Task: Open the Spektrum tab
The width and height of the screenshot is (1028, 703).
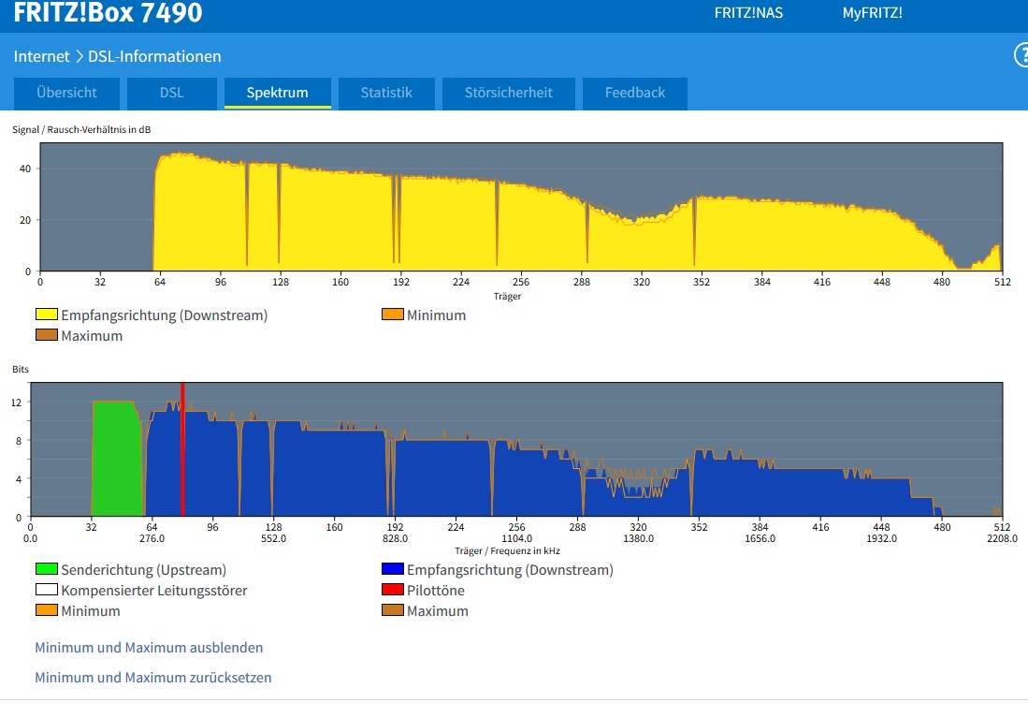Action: click(277, 94)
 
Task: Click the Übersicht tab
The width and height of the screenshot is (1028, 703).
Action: click(66, 94)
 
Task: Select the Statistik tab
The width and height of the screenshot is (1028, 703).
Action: click(386, 94)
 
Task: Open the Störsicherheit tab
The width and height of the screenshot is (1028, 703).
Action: click(509, 94)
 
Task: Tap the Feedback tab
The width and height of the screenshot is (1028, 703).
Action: click(634, 94)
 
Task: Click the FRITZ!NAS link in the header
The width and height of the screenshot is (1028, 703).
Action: click(748, 13)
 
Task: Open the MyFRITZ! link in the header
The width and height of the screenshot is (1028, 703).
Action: click(872, 13)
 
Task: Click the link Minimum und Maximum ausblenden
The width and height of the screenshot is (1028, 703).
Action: click(149, 648)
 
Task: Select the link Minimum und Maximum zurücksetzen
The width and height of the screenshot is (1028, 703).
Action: click(152, 678)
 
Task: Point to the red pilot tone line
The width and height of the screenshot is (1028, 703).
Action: click(182, 449)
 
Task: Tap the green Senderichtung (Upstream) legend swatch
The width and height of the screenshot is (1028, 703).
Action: click(47, 569)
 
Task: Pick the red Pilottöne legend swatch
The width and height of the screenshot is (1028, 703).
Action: click(392, 590)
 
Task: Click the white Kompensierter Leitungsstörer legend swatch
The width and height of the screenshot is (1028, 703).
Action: click(47, 590)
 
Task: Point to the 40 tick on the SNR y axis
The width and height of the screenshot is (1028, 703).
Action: click(25, 168)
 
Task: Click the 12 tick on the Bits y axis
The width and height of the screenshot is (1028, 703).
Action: click(17, 403)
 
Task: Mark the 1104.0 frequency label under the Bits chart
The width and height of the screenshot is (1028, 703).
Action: click(516, 539)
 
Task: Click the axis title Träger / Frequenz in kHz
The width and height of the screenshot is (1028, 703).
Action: click(507, 551)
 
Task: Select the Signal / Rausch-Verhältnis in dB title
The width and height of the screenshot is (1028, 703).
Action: click(81, 130)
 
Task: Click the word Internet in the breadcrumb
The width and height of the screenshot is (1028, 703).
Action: click(41, 56)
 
